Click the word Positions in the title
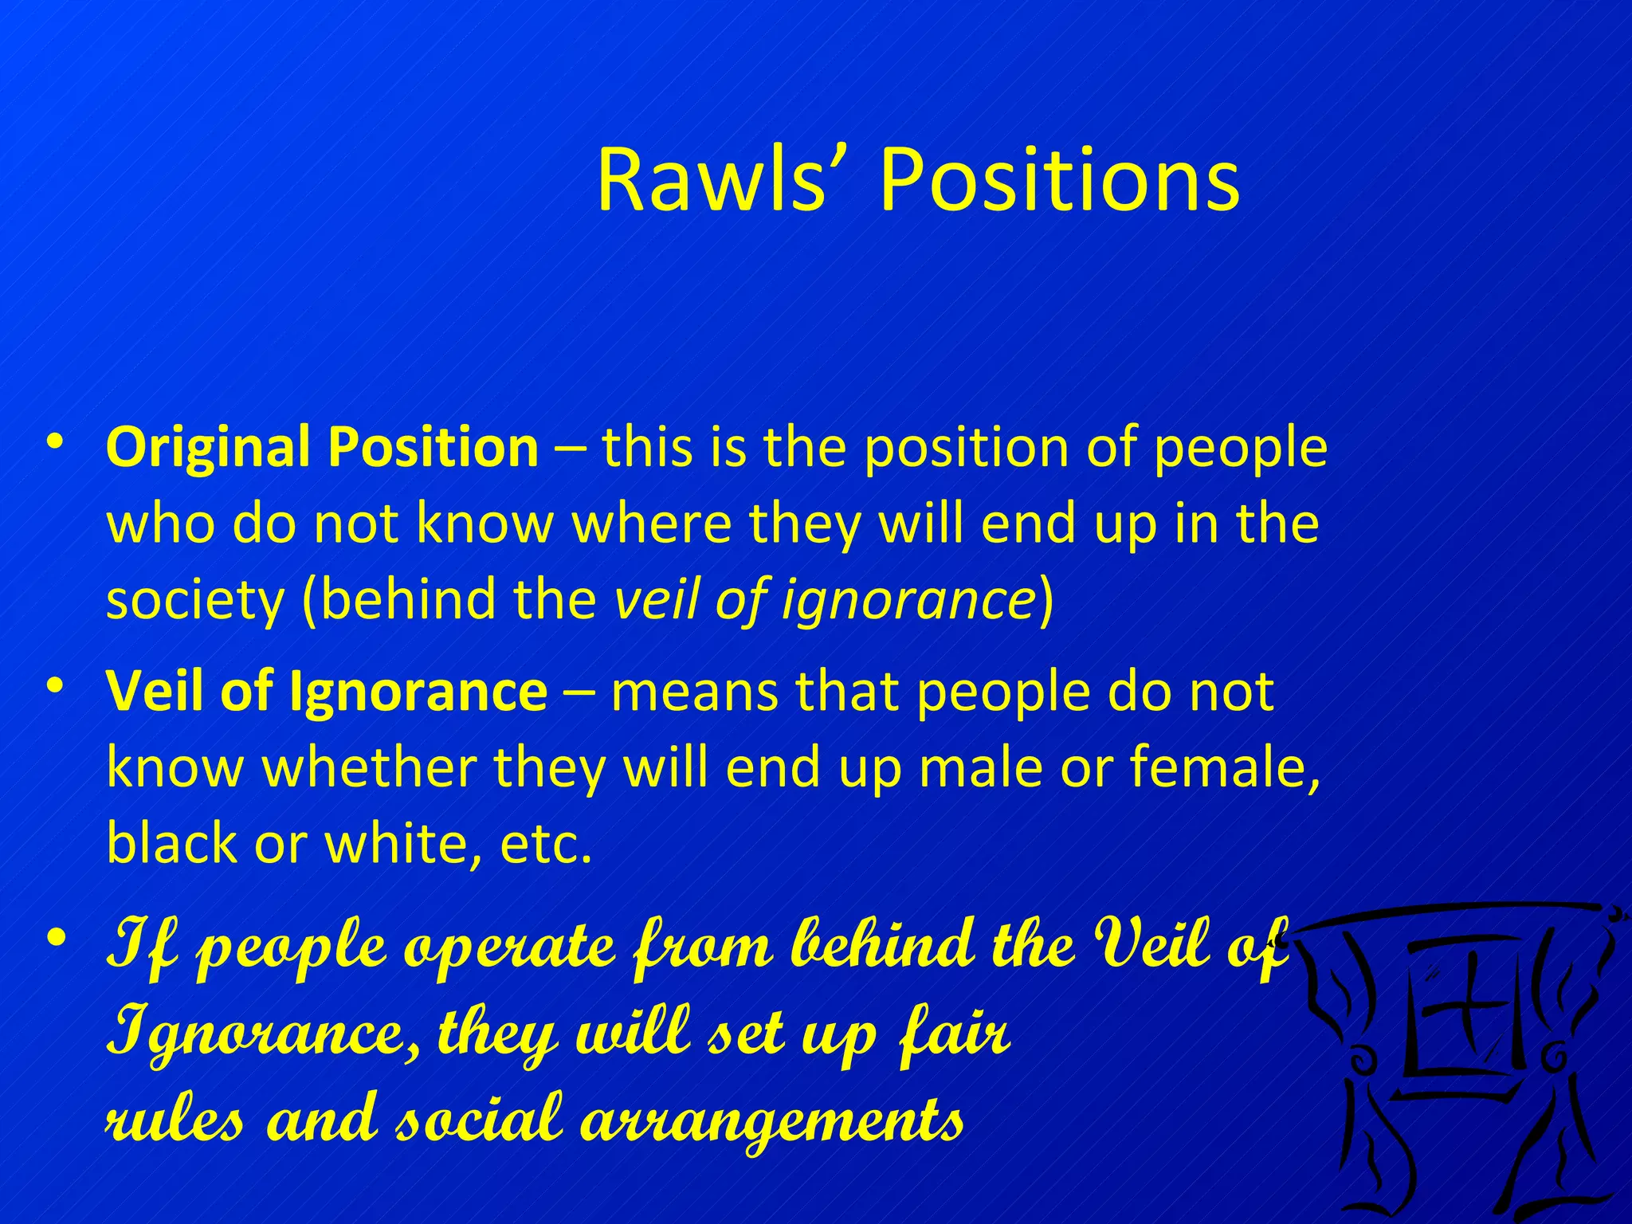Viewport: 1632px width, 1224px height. (x=1059, y=180)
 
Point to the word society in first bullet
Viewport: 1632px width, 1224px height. (x=194, y=599)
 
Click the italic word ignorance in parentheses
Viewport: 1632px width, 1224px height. (x=908, y=599)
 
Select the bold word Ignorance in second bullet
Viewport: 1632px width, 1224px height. (x=418, y=691)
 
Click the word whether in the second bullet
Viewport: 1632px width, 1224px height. (x=371, y=767)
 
